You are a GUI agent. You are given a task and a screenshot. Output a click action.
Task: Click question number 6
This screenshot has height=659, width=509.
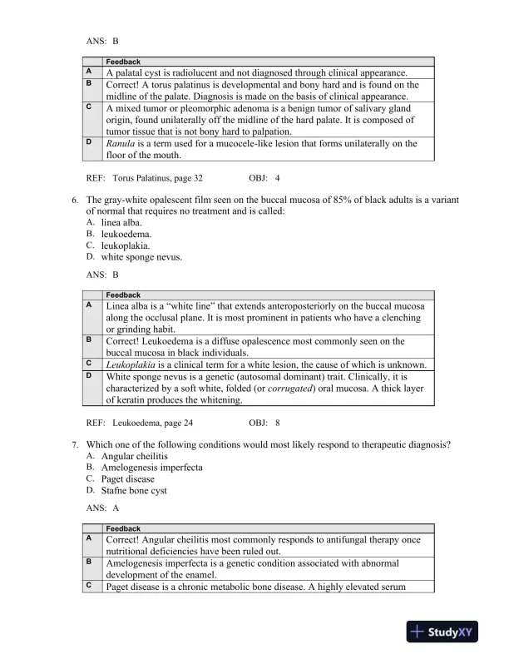tap(77, 201)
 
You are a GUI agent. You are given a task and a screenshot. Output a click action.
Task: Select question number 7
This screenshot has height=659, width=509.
tap(77, 445)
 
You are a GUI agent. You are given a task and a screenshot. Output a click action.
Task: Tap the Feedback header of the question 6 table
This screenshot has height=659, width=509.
tap(123, 295)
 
